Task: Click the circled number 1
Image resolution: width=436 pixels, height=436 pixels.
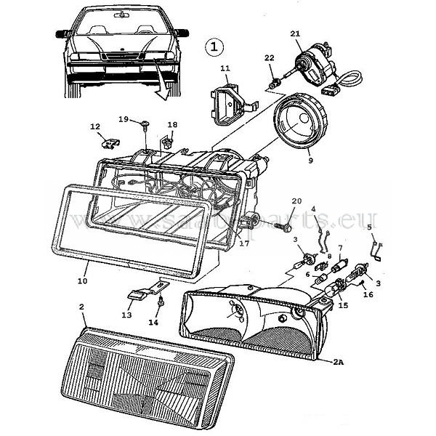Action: pos(214,47)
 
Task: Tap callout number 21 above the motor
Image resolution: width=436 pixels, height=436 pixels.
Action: pos(294,34)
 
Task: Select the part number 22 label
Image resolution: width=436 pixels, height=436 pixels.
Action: pos(269,58)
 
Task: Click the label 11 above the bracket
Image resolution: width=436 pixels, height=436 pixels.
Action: pos(225,69)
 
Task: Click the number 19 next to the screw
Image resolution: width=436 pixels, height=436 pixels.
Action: pos(124,119)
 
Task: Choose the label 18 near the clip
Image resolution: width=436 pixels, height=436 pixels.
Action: pos(172,125)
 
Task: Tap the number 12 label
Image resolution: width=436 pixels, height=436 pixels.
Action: pos(95,127)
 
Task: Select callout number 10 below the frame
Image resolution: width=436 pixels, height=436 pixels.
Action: pos(82,280)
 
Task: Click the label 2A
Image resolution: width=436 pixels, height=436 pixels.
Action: pos(339,361)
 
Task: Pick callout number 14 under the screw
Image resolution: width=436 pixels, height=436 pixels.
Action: pos(153,321)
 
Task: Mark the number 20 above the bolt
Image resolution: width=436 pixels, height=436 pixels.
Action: pos(296,201)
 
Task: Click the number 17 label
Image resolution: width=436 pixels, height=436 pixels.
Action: pos(244,244)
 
